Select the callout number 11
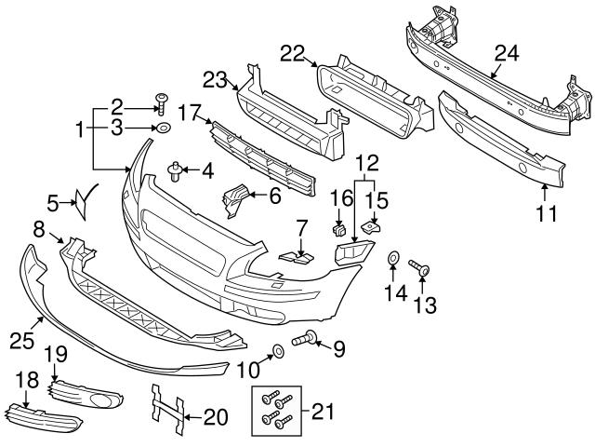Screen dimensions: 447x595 (x=546, y=215)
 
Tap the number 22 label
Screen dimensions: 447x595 (x=292, y=55)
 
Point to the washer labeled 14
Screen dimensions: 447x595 (x=392, y=256)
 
